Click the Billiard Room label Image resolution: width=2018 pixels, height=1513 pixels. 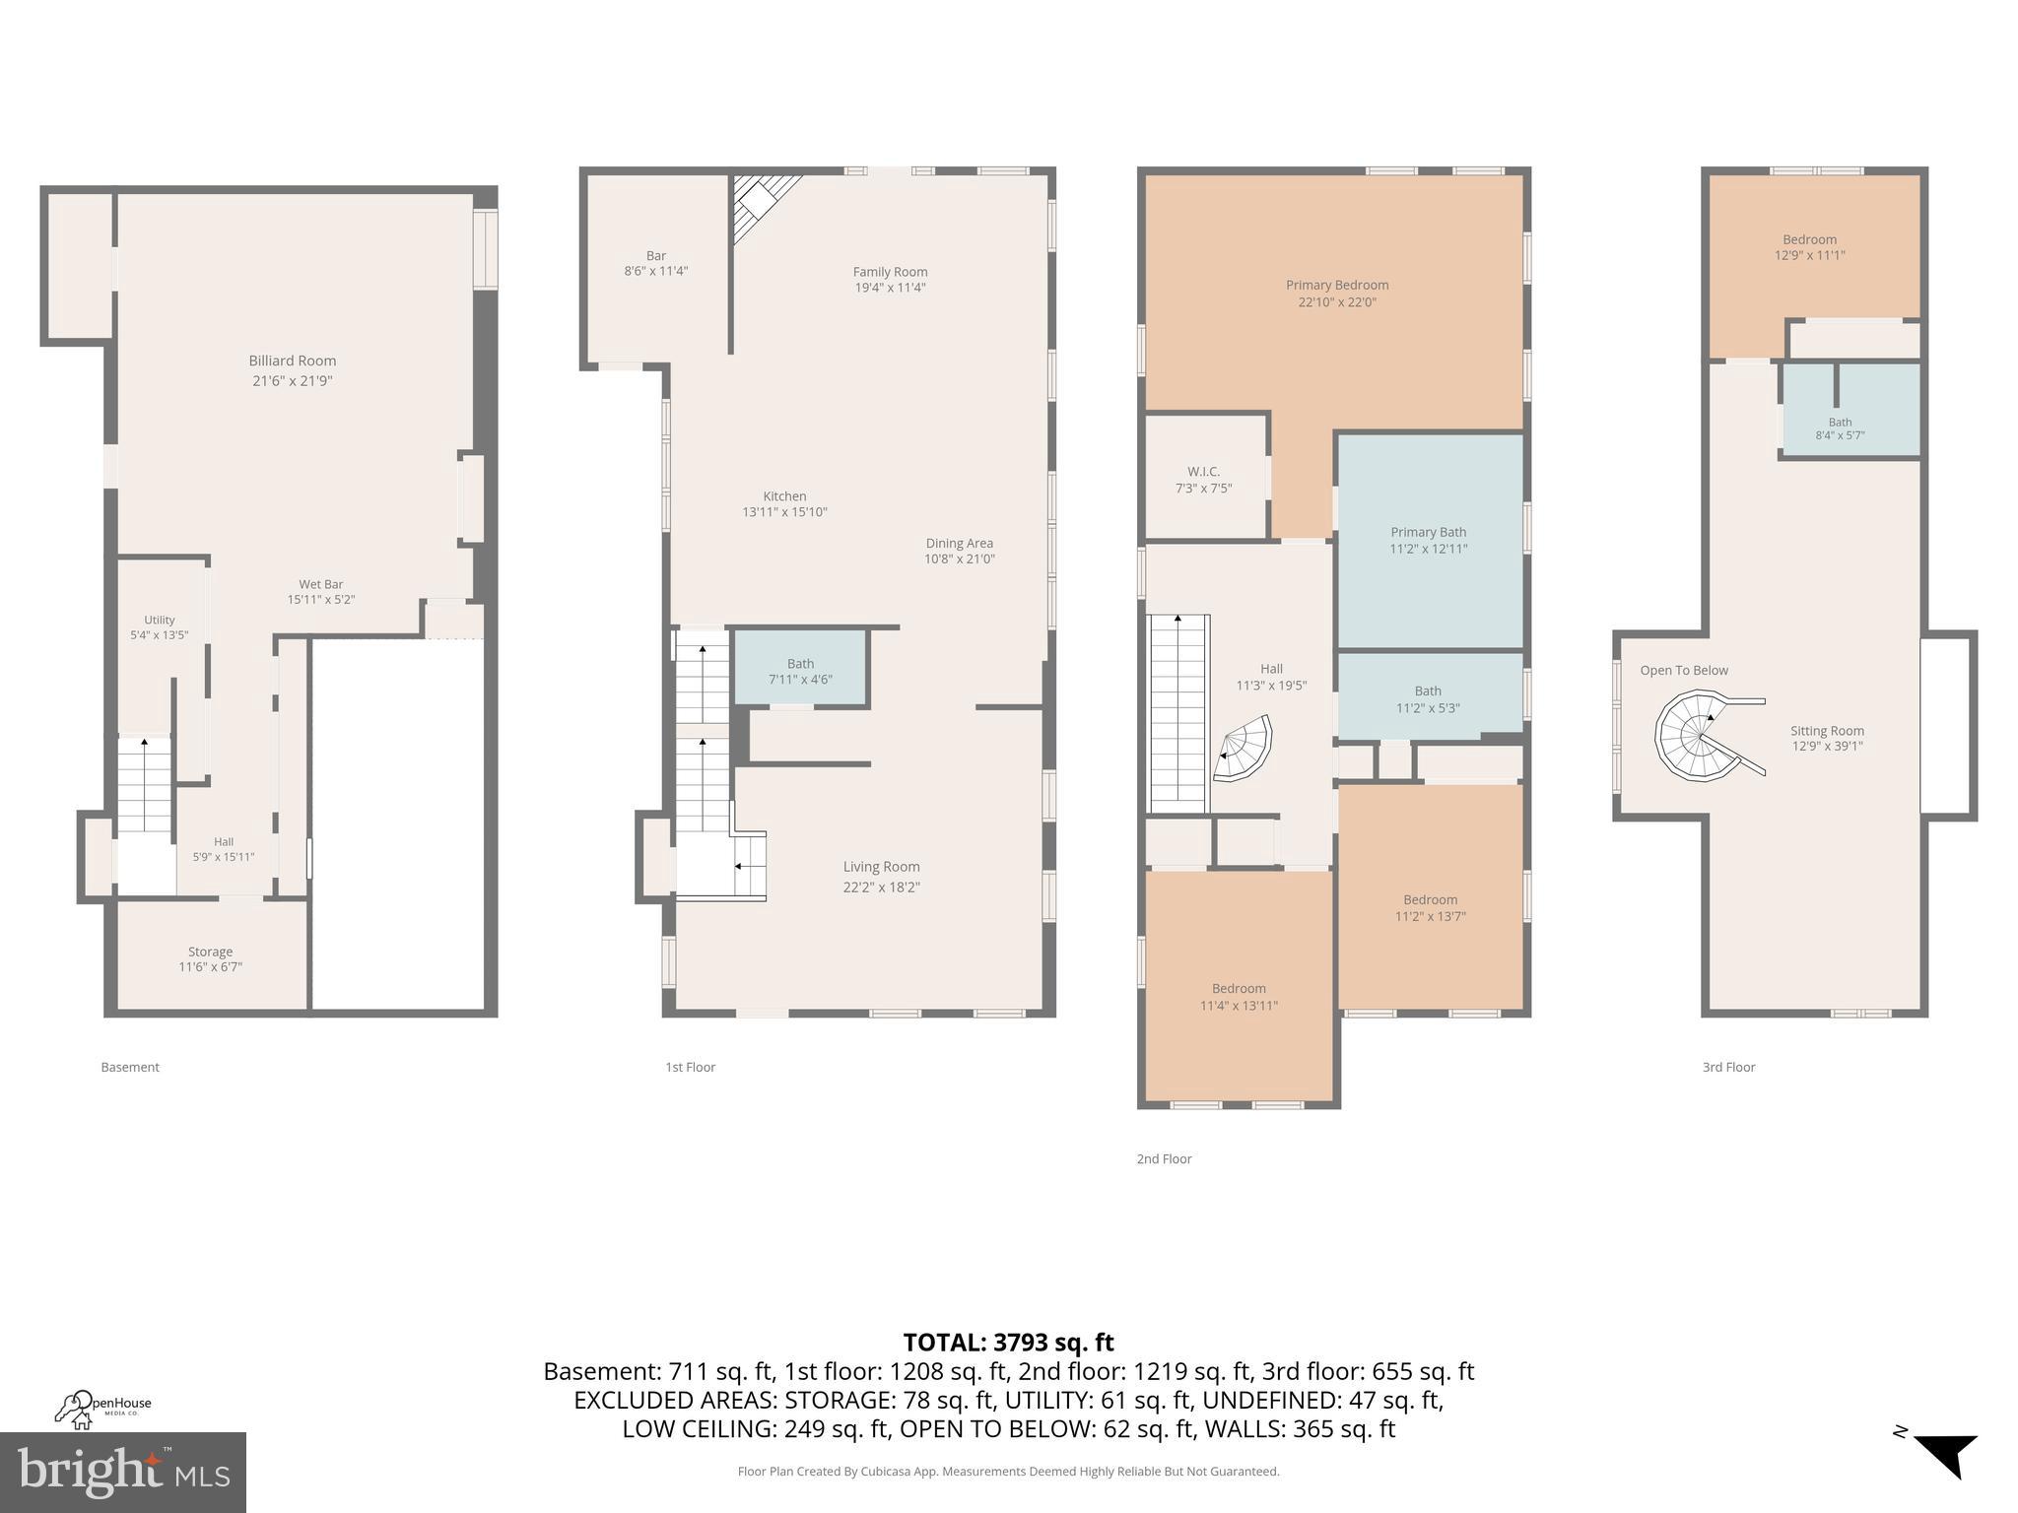pyautogui.click(x=292, y=362)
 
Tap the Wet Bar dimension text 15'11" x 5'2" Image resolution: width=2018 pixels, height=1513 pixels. pyautogui.click(x=320, y=600)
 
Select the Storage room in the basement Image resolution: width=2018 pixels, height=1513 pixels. pyautogui.click(x=210, y=957)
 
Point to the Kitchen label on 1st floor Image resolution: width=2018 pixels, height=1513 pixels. pyautogui.click(x=784, y=496)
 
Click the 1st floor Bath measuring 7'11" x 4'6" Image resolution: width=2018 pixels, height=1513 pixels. pyautogui.click(x=800, y=670)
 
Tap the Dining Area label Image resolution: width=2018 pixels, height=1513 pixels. pyautogui.click(x=959, y=543)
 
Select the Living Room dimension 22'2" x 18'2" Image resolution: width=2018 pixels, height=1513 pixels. pyautogui.click(x=881, y=888)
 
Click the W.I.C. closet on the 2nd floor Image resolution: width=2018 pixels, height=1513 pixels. pyautogui.click(x=1203, y=479)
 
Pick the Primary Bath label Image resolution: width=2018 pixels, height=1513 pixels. pyautogui.click(x=1428, y=532)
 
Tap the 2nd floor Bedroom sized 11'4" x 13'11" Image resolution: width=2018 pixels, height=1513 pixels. pyautogui.click(x=1239, y=996)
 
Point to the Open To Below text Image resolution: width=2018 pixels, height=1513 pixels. pyautogui.click(x=1684, y=671)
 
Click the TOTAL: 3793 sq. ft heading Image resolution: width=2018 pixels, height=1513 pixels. pyautogui.click(x=1008, y=1343)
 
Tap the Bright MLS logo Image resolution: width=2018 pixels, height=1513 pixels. pyautogui.click(x=122, y=1472)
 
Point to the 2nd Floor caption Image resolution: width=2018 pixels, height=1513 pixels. pyautogui.click(x=1164, y=1159)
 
